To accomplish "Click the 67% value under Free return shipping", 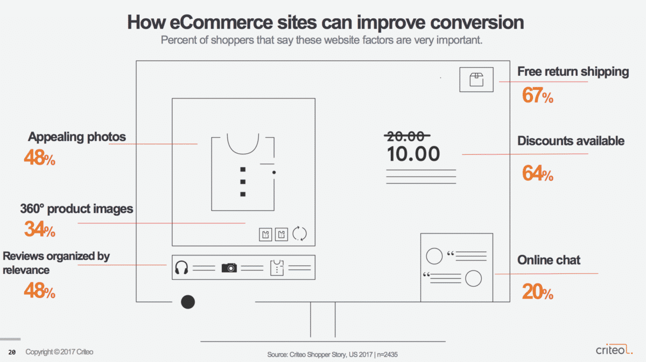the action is pos(538,95).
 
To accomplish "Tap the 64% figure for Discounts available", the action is pos(538,173).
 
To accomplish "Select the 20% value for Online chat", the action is pos(538,292).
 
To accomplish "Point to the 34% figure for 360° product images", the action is pos(39,229).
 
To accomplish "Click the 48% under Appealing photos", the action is pos(39,158).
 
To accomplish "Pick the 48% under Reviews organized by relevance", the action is pos(39,290).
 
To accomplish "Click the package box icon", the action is pos(476,80).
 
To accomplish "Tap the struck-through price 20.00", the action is pos(406,136).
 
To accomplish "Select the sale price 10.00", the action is pos(413,154).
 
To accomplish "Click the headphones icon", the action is pos(181,267).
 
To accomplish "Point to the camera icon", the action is pos(229,268).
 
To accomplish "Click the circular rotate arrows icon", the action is pos(299,233).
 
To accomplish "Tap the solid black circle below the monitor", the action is pos(188,302).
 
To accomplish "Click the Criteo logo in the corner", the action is pos(614,349).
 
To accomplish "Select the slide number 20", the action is pos(12,352).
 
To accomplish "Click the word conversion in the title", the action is pos(477,23).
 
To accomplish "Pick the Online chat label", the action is pos(549,260).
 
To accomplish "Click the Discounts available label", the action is pos(571,141).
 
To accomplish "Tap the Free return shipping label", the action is pos(573,72).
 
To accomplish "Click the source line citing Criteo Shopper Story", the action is pos(332,354).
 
